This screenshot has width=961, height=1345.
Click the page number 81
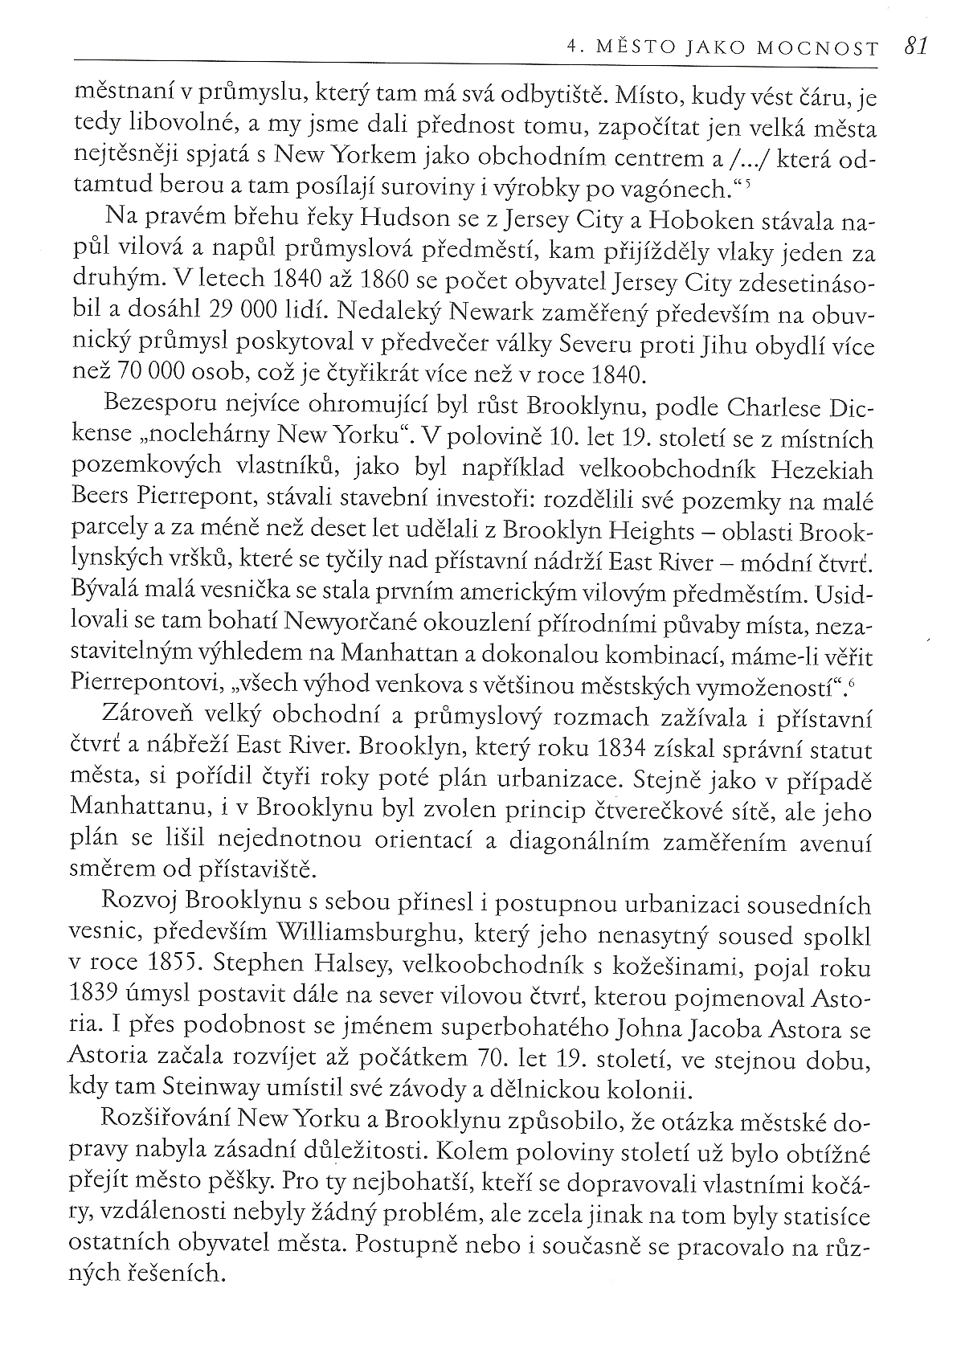[x=915, y=47]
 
